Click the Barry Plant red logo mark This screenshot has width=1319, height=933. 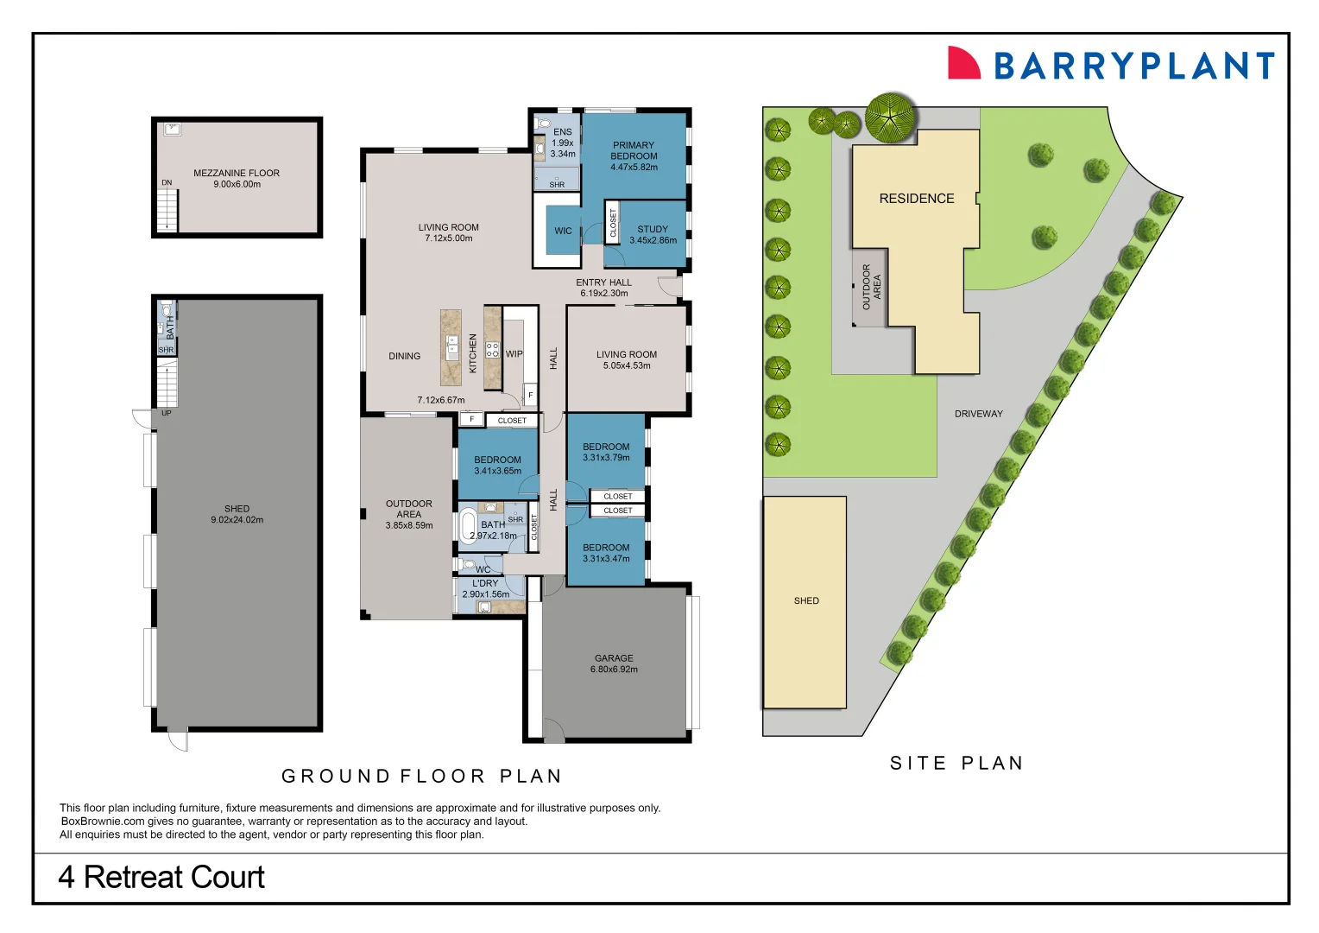pyautogui.click(x=963, y=63)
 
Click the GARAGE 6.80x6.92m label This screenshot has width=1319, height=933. pyautogui.click(x=614, y=663)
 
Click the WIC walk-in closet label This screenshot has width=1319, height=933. pyautogui.click(x=563, y=231)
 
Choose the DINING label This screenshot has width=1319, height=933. pyautogui.click(x=404, y=356)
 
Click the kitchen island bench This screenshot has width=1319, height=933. pyautogui.click(x=451, y=347)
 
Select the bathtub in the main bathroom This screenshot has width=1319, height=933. pyautogui.click(x=468, y=525)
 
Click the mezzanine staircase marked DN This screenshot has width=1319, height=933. pyautogui.click(x=167, y=211)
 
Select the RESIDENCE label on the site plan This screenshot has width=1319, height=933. pyautogui.click(x=916, y=199)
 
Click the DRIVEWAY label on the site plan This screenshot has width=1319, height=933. pyautogui.click(x=978, y=414)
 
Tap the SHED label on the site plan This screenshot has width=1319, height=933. pyautogui.click(x=806, y=600)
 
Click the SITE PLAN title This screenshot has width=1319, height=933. pyautogui.click(x=956, y=763)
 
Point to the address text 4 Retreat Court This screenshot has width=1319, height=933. pyautogui.click(x=161, y=878)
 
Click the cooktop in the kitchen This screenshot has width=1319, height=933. pyautogui.click(x=492, y=350)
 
